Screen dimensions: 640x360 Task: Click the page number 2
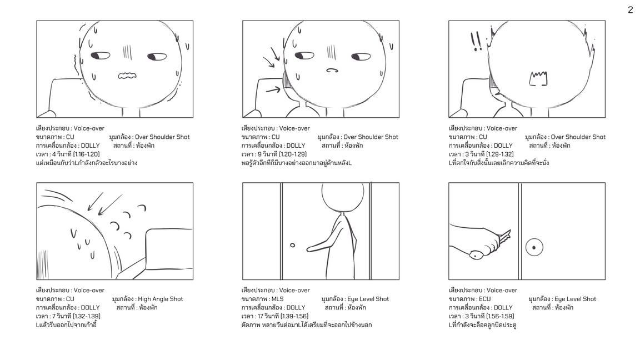[631, 10]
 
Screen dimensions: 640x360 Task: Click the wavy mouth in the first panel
[127, 76]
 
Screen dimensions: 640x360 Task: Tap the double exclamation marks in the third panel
[476, 41]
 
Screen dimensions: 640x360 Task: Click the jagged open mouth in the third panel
[538, 79]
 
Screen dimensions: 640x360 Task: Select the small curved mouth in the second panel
[332, 70]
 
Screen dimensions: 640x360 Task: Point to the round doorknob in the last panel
[534, 247]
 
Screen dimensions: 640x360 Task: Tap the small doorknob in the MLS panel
[293, 246]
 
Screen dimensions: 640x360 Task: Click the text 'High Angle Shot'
[161, 299]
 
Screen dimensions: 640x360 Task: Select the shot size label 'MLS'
[278, 299]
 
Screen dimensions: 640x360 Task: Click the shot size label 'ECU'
[485, 299]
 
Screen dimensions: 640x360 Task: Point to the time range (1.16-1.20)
[86, 154]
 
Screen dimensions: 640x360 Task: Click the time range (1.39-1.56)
[294, 316]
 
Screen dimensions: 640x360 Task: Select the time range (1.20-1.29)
[293, 154]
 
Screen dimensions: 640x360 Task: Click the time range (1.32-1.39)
[87, 316]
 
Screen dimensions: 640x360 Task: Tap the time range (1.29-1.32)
[500, 154]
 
